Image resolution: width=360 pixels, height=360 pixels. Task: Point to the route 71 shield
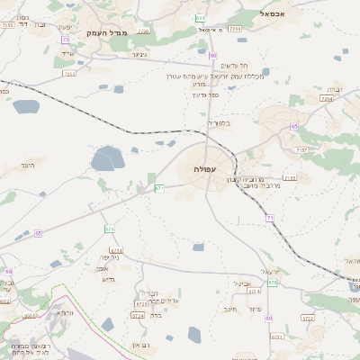[269, 219]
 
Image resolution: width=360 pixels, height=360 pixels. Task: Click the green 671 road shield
[159, 188]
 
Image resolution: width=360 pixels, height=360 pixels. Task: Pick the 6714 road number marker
[138, 315]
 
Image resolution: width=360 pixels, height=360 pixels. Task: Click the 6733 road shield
[276, 337]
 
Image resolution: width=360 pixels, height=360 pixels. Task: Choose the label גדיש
[110, 279]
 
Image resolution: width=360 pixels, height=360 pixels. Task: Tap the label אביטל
[240, 283]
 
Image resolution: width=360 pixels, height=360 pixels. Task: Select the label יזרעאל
[270, 271]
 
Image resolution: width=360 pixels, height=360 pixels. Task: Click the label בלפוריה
[219, 122]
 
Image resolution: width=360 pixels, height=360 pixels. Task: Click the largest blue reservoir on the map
[106, 160]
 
